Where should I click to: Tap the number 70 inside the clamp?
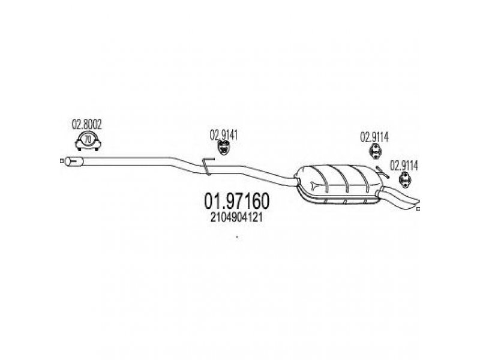pyautogui.click(x=88, y=140)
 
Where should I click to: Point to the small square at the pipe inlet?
pyautogui.click(x=62, y=161)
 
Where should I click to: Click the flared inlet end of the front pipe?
pyautogui.click(x=74, y=161)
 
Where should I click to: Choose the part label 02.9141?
pyautogui.click(x=224, y=135)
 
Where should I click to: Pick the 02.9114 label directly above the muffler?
pyautogui.click(x=375, y=136)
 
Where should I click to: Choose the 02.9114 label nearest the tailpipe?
pyautogui.click(x=405, y=164)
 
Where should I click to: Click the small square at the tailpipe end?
pyautogui.click(x=418, y=209)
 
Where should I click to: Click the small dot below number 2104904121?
pyautogui.click(x=237, y=238)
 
